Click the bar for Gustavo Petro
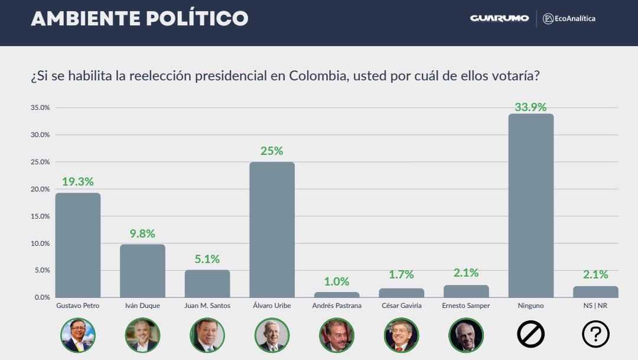pos(78,245)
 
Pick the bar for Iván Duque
pos(142,271)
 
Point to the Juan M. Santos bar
pos(207,283)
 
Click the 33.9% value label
pos(530,107)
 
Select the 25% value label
pos(272,151)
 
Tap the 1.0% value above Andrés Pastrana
pos(337,282)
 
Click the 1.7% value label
pos(401,275)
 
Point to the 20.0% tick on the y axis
pos(40,189)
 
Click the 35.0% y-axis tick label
pos(40,108)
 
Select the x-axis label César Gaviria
pos(401,306)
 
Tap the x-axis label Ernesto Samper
pos(466,306)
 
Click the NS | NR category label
pos(595,306)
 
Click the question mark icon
pos(595,335)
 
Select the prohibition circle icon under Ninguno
pos(530,335)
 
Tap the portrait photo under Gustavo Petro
pos(78,335)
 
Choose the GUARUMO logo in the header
pos(499,18)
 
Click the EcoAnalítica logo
pos(569,18)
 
